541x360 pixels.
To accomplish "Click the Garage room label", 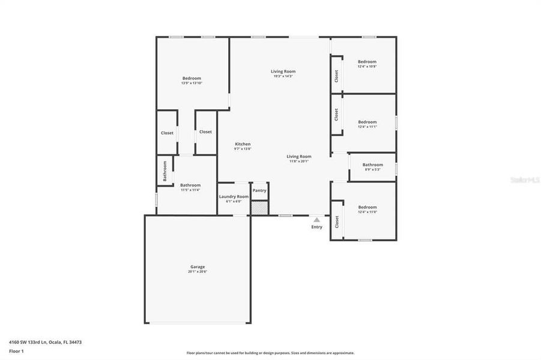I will click(198, 266).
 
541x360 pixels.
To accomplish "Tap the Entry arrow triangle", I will click(316, 220).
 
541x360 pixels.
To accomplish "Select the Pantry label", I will click(259, 190).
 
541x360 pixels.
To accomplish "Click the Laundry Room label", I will click(234, 196).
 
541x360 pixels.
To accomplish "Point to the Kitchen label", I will click(243, 144).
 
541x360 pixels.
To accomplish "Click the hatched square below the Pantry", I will click(259, 208).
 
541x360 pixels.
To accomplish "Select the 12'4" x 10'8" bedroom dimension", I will click(367, 67).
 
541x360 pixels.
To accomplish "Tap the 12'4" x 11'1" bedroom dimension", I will click(367, 127).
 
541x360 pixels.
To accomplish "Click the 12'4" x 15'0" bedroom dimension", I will click(367, 212).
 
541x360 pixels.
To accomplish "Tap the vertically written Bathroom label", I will click(165, 171).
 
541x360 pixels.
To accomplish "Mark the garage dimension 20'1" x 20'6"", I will click(198, 272).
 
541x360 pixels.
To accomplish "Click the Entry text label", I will click(316, 227).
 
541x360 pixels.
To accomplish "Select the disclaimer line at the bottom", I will click(270, 353).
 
